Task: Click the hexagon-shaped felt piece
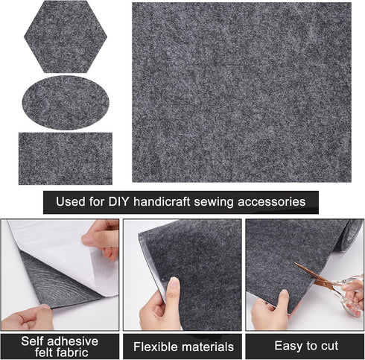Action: pyautogui.click(x=66, y=36)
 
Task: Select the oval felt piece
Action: pyautogui.click(x=66, y=102)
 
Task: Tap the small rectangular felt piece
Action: pyautogui.click(x=66, y=158)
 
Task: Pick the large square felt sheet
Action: pyautogui.click(x=241, y=92)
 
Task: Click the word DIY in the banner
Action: pyautogui.click(x=122, y=201)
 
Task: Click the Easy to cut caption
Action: pyautogui.click(x=305, y=346)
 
